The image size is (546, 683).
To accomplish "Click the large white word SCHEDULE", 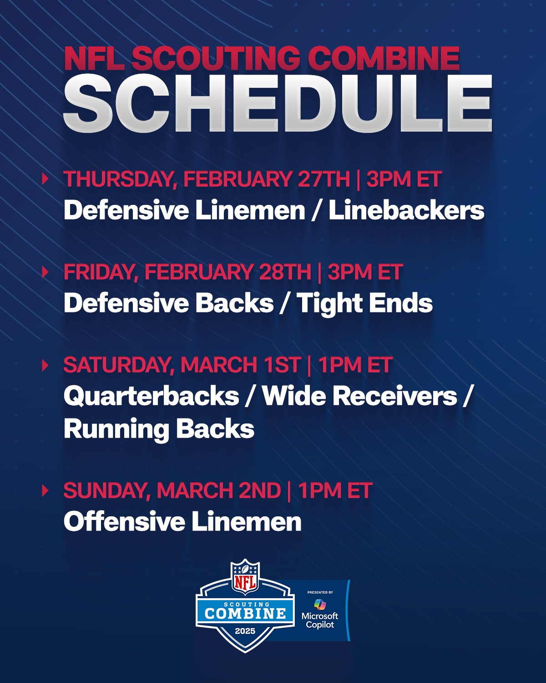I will click(x=278, y=104).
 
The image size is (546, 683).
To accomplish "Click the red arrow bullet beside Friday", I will click(x=45, y=272).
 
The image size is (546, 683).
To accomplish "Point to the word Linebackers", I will click(x=406, y=210).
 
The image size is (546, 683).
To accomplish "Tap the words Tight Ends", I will click(x=364, y=303).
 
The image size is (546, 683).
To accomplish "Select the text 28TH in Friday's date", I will click(x=285, y=272).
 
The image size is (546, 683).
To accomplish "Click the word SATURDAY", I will click(x=119, y=365).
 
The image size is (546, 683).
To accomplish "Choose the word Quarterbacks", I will click(x=151, y=396).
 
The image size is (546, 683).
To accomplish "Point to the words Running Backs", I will click(x=159, y=429).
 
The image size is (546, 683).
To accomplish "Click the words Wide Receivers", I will click(x=359, y=396).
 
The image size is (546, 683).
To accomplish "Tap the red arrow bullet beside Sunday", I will click(x=45, y=490).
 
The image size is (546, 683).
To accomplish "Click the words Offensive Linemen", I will click(x=182, y=522).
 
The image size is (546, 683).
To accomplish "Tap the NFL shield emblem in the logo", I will click(x=246, y=577).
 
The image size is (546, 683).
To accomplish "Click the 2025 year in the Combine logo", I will click(x=245, y=631).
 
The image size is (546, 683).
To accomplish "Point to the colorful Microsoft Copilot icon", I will click(x=320, y=605).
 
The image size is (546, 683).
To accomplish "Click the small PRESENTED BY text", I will click(x=320, y=592).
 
